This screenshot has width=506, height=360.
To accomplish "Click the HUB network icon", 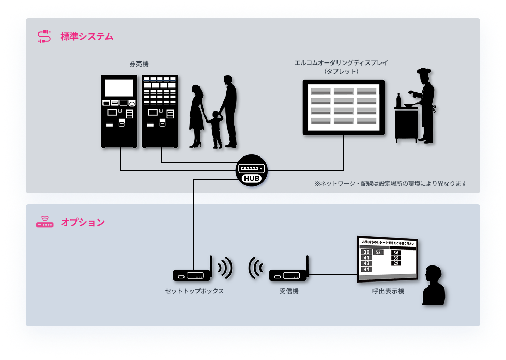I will pos(252,171).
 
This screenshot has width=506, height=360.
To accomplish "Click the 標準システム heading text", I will pos(87,37).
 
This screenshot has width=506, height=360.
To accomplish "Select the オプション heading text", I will pos(83,223).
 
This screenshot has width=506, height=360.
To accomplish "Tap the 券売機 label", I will pos(139,64).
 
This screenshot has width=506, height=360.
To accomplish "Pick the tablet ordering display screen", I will pos(344,107).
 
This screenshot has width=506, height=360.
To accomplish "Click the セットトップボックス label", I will pos(194,291).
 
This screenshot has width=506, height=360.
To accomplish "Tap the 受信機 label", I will pos(289,291).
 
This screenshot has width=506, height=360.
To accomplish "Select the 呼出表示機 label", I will pos(388,291).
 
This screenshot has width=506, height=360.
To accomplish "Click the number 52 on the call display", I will pos(378,252).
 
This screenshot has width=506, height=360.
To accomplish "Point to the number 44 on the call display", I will pos(366,269).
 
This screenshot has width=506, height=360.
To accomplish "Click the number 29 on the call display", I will pos(396,263).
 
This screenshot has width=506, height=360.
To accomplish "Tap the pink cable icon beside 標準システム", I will pos(44,37).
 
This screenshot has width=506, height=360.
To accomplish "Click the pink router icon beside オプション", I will pos(44,222).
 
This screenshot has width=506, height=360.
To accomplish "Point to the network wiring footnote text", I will pos(391,184).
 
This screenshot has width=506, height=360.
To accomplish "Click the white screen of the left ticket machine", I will pos(119,87).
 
